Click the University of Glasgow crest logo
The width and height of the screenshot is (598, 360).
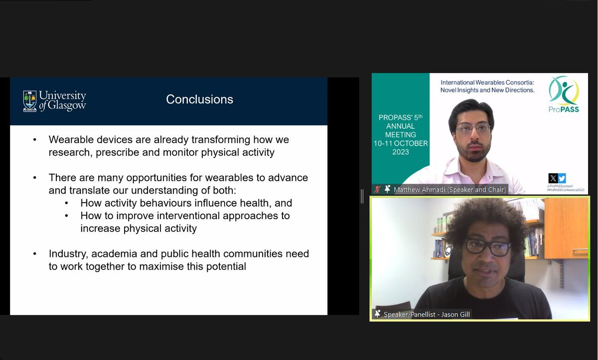pos(30,101)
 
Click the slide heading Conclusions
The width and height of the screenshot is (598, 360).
pos(199,100)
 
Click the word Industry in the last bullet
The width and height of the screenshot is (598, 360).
pos(68,254)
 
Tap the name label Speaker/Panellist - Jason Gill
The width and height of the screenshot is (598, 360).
pos(427,314)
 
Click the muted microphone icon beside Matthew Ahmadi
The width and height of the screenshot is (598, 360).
pos(378,189)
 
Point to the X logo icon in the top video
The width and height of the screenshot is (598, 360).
pos(553,178)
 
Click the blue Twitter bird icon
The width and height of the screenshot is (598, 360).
pos(562,178)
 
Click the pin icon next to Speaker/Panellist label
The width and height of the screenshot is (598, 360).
pos(377,314)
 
